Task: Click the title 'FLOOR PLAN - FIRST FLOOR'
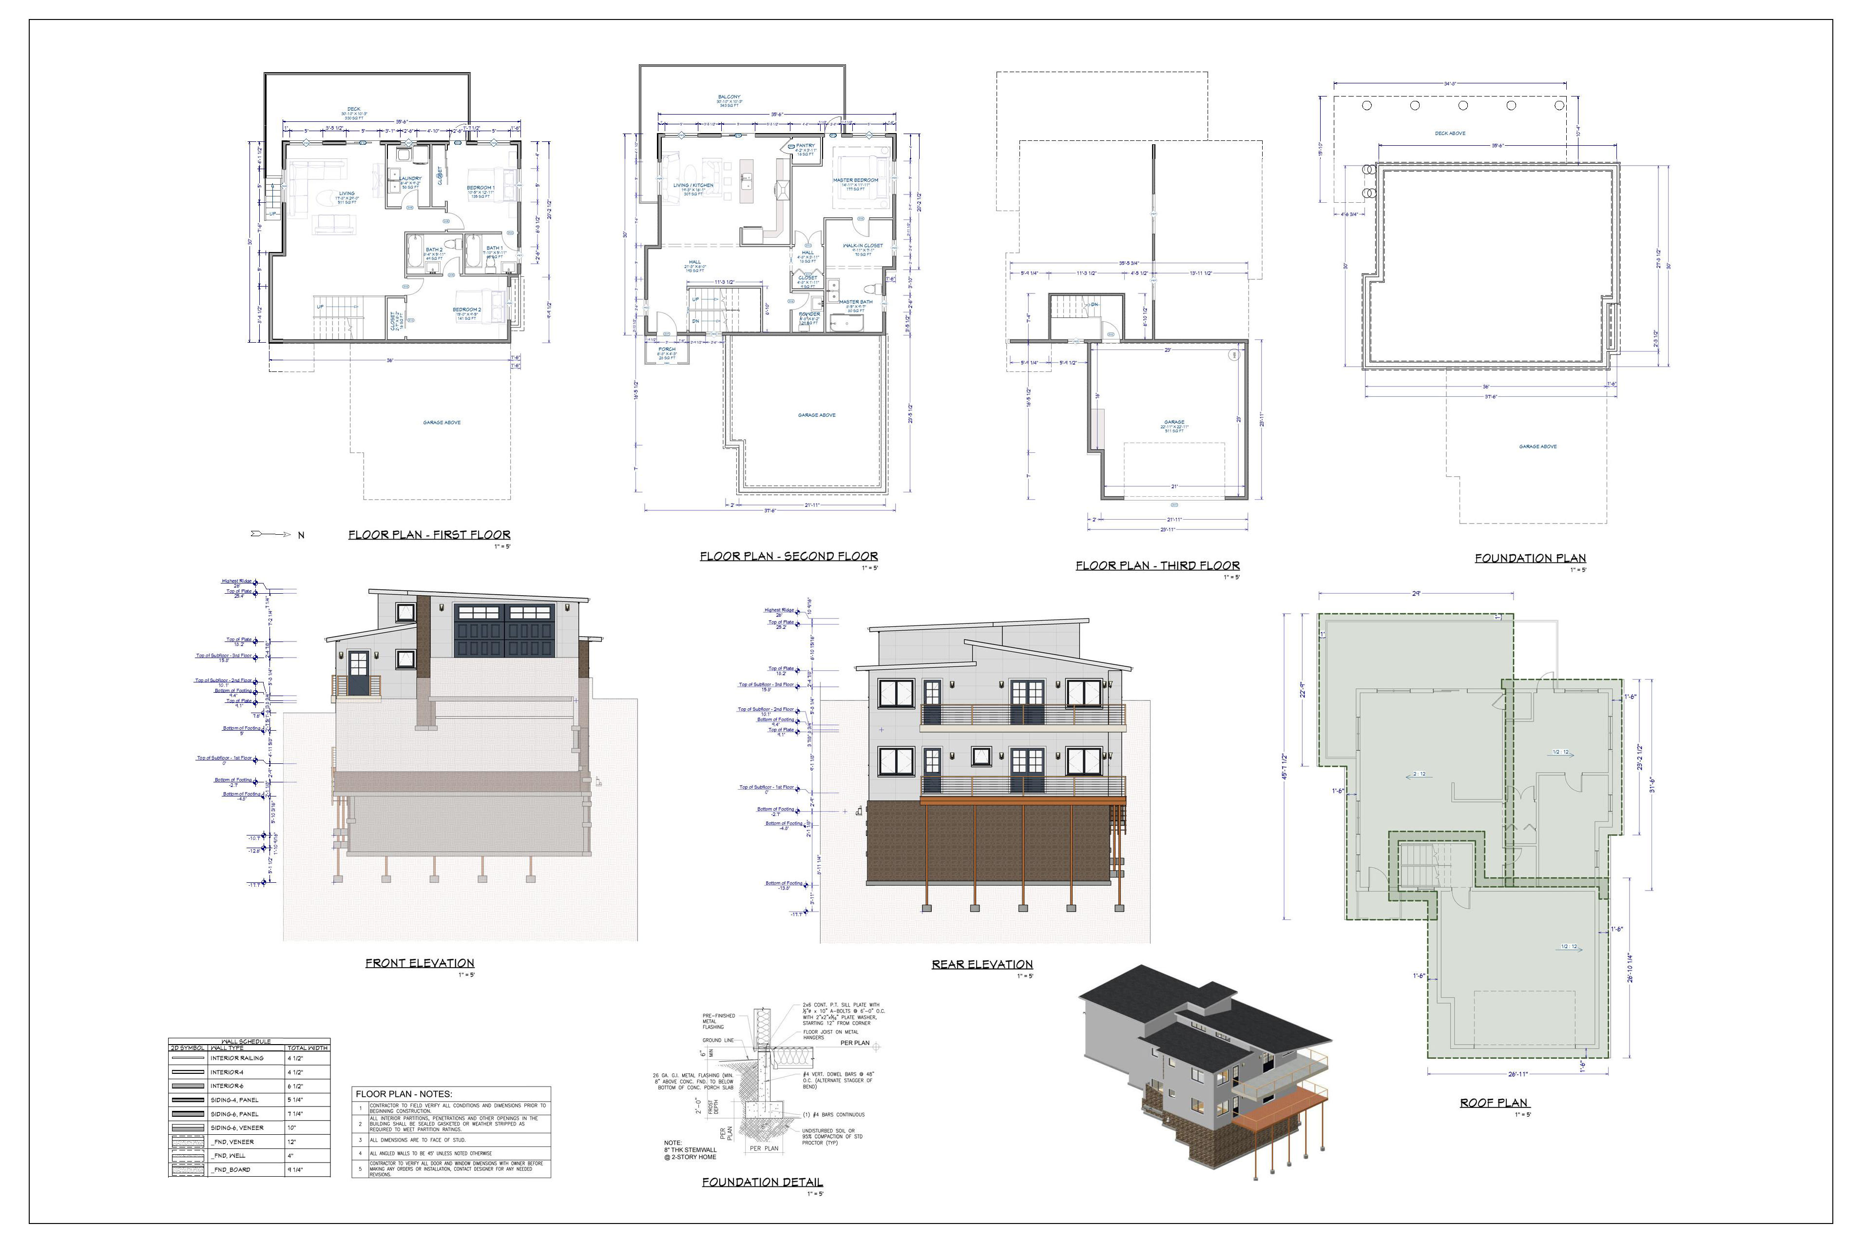429,535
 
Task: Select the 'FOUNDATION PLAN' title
1530,558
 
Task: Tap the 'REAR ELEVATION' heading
982,965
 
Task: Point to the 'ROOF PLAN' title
1494,1103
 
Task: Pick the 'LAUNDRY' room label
410,178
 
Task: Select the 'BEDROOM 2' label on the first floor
467,310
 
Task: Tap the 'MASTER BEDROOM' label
855,180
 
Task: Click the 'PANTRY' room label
805,146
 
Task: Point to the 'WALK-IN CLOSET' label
862,246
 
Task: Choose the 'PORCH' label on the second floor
667,349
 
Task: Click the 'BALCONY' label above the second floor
729,97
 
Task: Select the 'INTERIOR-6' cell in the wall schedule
227,1086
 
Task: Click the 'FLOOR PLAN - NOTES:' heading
404,1094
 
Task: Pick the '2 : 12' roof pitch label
1420,774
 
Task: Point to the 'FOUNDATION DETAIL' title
762,1182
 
